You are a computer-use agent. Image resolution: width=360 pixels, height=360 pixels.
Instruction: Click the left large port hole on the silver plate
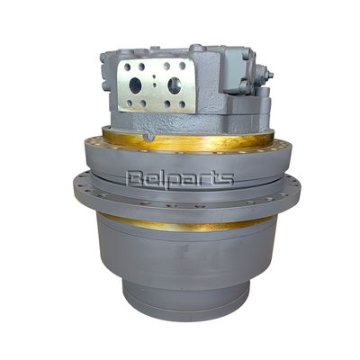point(135,85)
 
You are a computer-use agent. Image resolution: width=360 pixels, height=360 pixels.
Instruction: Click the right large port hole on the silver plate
point(174,85)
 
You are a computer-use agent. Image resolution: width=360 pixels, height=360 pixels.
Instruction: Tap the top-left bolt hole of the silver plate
point(128,67)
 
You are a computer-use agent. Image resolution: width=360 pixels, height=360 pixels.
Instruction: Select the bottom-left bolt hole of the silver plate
point(129,103)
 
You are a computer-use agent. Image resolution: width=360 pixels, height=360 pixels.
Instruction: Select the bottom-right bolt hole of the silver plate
point(182,104)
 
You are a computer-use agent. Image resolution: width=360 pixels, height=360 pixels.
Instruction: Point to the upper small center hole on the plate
point(154,76)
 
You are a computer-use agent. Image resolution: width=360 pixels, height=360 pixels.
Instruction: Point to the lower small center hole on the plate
point(155,85)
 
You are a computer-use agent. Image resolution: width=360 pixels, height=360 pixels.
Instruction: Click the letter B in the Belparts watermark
point(134,178)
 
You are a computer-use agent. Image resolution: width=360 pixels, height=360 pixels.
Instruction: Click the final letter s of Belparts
point(227,179)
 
